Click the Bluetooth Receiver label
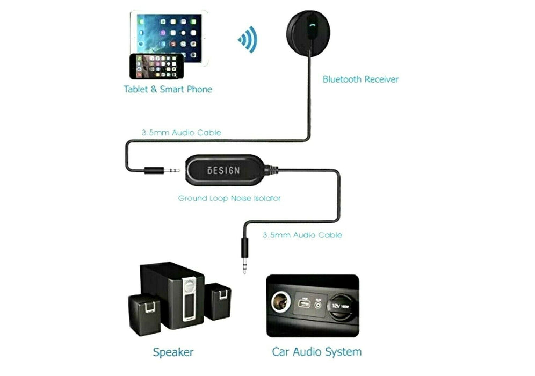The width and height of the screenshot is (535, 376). tap(360, 79)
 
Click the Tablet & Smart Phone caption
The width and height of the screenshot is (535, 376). tap(168, 89)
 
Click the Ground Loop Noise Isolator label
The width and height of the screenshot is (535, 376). tap(229, 198)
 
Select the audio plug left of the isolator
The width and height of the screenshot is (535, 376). tap(162, 170)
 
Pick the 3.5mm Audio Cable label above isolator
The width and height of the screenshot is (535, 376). tap(181, 132)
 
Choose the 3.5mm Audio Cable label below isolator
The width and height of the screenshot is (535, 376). tap(302, 235)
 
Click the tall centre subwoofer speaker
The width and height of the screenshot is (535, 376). tap(172, 295)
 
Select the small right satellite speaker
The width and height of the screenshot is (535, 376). tap(218, 301)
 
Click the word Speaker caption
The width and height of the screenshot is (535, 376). tap(173, 352)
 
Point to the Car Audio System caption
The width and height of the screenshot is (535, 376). tap(316, 352)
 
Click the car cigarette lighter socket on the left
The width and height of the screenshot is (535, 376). tap(281, 303)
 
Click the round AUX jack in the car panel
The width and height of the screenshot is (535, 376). tap(319, 306)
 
